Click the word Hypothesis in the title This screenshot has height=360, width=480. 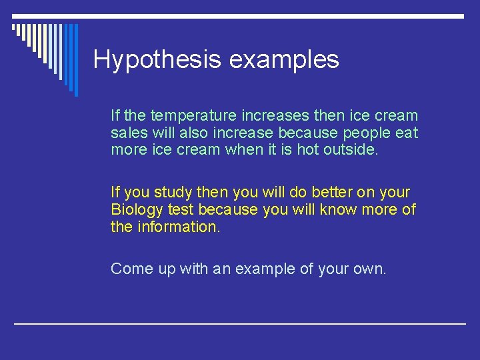coord(158,60)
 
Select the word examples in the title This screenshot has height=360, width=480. coord(284,60)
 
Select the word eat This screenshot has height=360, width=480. coord(407,133)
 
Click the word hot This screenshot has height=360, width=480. coord(307,150)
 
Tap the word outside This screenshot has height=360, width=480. coord(351,150)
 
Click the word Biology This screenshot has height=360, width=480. coord(136,210)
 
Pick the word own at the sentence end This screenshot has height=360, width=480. coord(370,269)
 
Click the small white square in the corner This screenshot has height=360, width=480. coord(15,27)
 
